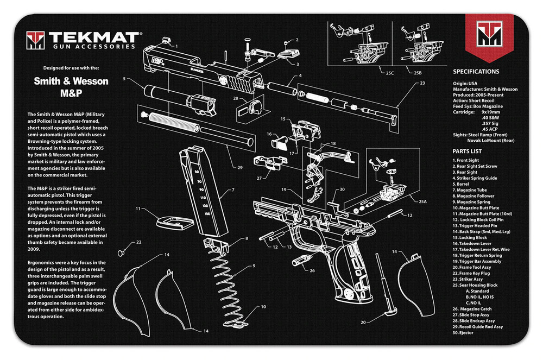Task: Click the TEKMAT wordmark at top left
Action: point(93,37)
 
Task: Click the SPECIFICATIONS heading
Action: point(476,71)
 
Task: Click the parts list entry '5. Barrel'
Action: point(465,184)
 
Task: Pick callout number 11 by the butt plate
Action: point(138,208)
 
